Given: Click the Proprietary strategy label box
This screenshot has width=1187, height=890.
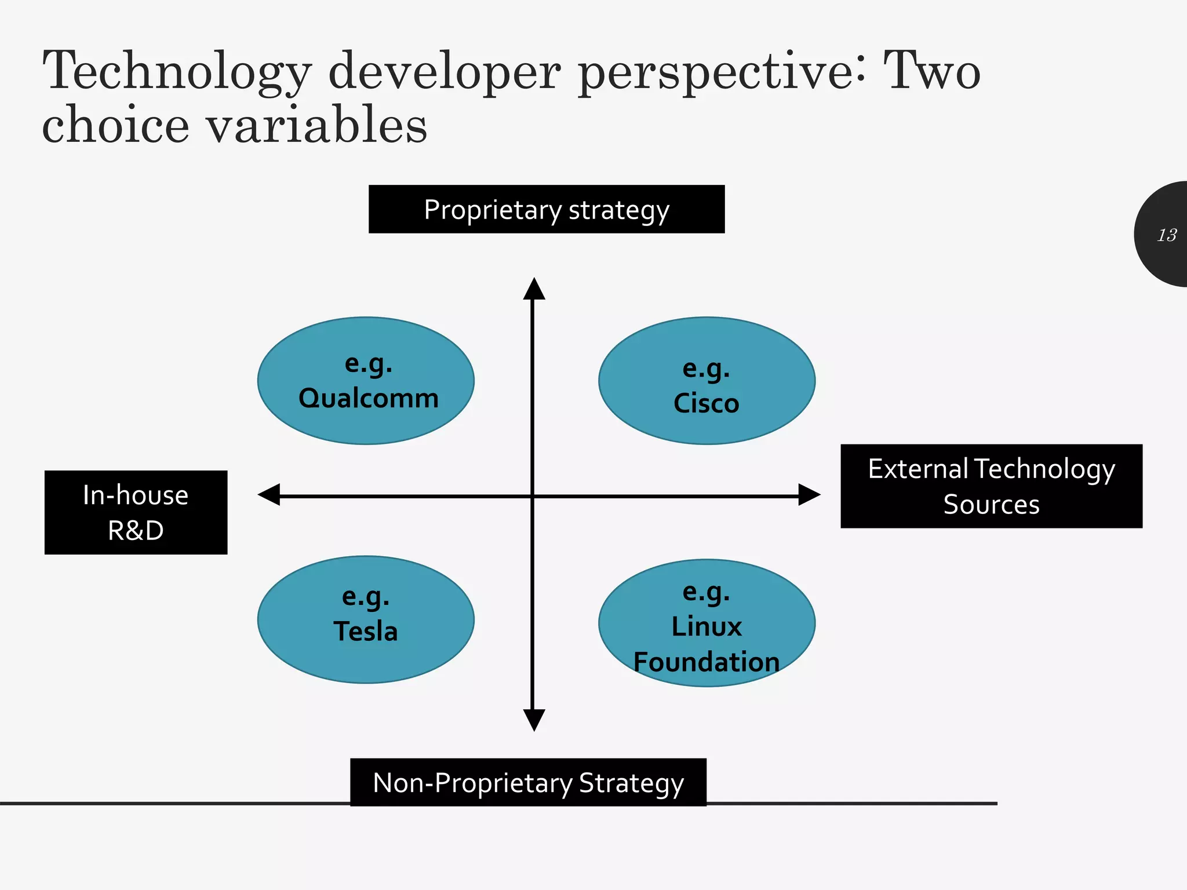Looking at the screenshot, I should (546, 209).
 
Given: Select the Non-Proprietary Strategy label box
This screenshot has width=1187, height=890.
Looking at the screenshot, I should (528, 782).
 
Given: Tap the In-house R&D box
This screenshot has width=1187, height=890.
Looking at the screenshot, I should (136, 512).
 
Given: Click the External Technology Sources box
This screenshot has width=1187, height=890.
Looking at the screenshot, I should (991, 486).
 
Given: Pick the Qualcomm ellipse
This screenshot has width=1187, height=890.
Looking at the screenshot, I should (366, 381).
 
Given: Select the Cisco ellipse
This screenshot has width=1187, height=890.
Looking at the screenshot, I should (707, 381).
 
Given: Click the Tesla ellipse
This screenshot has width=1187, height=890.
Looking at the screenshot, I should (366, 619).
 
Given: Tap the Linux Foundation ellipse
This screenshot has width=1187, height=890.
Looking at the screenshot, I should (707, 623).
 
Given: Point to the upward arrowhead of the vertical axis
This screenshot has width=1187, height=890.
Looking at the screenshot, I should (534, 289).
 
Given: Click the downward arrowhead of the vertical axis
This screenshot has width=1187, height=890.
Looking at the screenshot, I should (534, 720).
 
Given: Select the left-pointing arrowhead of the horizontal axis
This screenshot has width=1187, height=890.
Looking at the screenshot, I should (270, 495).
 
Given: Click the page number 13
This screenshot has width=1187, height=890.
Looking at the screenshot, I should (1167, 235).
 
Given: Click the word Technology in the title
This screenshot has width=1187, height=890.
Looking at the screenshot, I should (177, 72).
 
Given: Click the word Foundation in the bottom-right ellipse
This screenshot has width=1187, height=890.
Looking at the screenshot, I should (707, 662).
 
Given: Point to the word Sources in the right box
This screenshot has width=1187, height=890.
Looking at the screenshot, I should (991, 505).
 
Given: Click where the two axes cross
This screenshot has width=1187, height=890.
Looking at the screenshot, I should (533, 496).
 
